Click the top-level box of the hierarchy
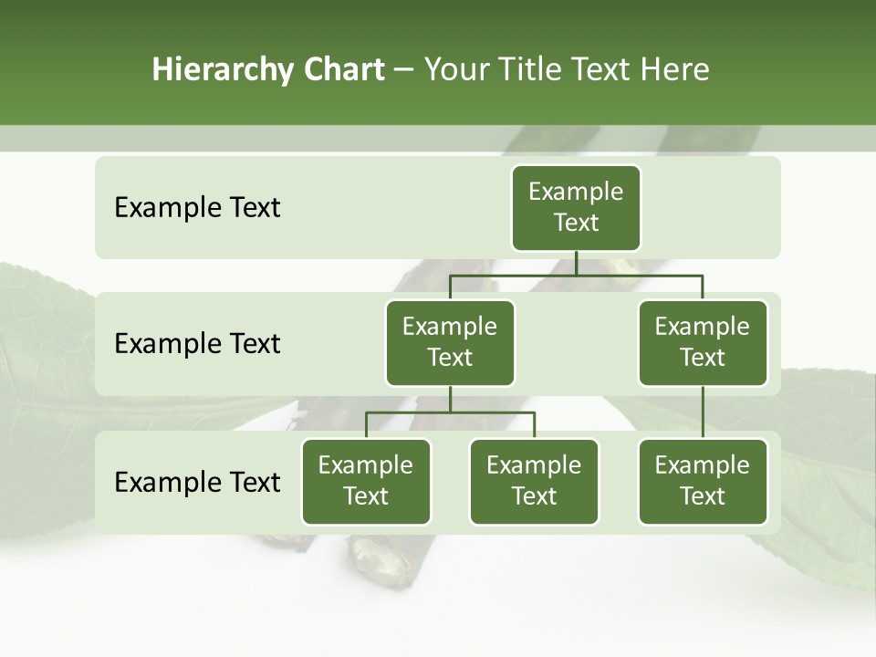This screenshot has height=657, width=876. click(x=576, y=208)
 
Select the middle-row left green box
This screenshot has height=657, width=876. click(x=450, y=343)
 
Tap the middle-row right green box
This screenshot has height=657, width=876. click(x=703, y=343)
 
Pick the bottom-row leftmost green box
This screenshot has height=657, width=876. click(x=366, y=482)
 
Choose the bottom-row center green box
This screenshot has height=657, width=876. click(x=534, y=482)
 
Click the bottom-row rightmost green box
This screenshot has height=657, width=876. click(x=703, y=482)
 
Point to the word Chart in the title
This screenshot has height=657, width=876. click(x=341, y=69)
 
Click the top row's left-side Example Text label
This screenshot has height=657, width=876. click(x=197, y=208)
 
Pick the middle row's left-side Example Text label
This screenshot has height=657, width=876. click(x=197, y=344)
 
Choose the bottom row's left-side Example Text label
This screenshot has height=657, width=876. click(x=197, y=483)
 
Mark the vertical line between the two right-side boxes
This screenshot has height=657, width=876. click(x=703, y=412)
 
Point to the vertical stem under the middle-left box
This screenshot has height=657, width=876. click(x=450, y=400)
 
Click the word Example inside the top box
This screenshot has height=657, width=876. click(x=576, y=192)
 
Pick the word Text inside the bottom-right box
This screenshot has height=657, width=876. click(x=703, y=496)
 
